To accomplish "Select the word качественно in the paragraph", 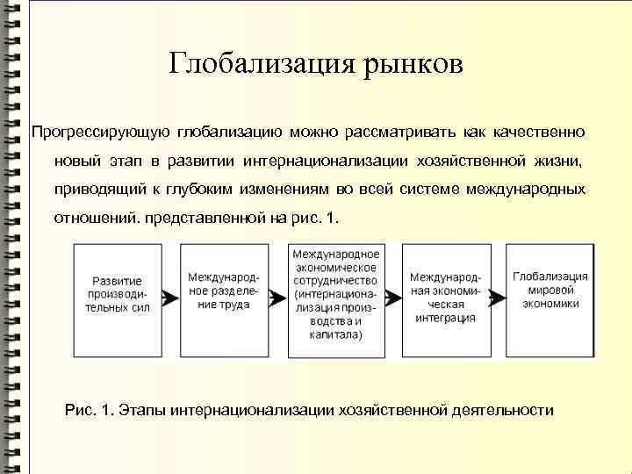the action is point(537,133).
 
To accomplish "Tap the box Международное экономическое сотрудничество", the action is point(336,297).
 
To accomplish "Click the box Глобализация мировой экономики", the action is point(551,297).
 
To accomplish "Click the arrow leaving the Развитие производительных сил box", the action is point(171,298).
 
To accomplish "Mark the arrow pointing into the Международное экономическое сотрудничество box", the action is point(278,298).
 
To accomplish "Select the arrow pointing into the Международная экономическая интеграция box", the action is point(392,298).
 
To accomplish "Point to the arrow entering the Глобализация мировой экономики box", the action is point(497,298).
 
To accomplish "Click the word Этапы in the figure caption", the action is point(145,410).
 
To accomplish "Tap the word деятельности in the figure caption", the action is point(504,410).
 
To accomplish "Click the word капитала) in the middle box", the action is point(334,334).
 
